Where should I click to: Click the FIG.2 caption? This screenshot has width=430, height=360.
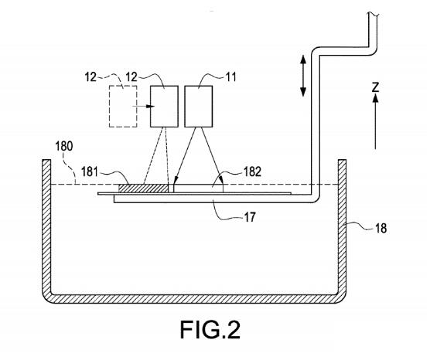tap(210, 329)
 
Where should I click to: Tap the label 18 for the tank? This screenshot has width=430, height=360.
tap(381, 228)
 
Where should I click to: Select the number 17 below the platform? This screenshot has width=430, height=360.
tap(250, 217)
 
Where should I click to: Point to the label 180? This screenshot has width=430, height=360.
tap(64, 146)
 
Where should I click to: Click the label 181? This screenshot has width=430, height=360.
tap(90, 172)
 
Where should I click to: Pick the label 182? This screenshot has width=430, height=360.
tap(252, 172)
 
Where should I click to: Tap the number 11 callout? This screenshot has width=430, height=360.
tap(230, 77)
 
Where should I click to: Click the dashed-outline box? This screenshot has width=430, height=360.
tap(123, 107)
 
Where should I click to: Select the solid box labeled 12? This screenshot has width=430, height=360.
tap(164, 107)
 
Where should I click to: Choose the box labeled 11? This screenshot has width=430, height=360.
tap(199, 107)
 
